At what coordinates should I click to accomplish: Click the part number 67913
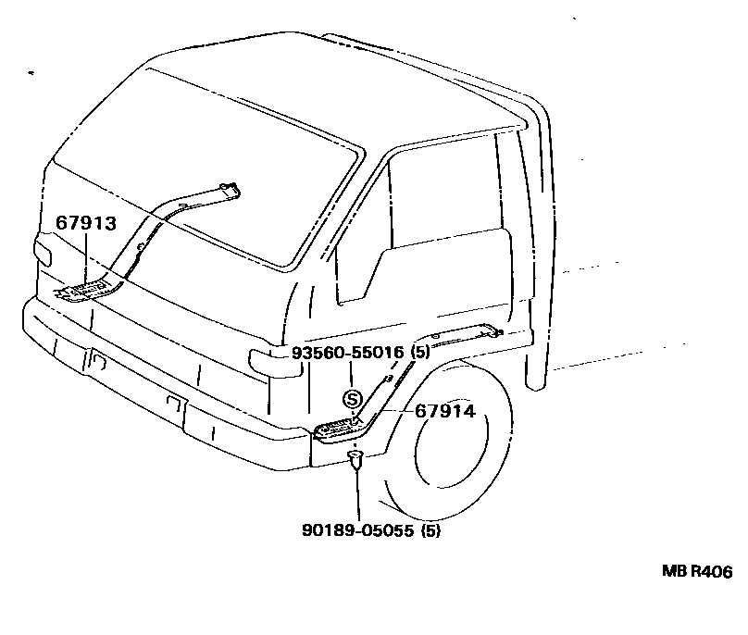(85, 222)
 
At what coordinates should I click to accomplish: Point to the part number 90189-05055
(358, 531)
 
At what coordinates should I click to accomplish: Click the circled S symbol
(351, 399)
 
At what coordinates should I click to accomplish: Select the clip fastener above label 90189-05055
(356, 460)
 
